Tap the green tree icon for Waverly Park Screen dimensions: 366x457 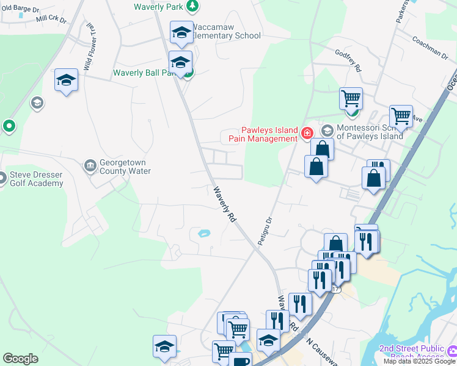pyautogui.click(x=192, y=6)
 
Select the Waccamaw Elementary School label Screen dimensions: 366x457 pyautogui.click(x=226, y=31)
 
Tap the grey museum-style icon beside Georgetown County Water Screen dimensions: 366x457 pyautogui.click(x=90, y=165)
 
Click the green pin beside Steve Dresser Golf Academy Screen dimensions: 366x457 pyautogui.click(x=9, y=126)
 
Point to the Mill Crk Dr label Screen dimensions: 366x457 pyautogui.click(x=51, y=20)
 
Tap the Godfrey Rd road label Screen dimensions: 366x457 pyautogui.click(x=348, y=60)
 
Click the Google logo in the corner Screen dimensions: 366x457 pyautogui.click(x=20, y=359)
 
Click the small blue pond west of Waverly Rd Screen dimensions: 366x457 pyautogui.click(x=203, y=232)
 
